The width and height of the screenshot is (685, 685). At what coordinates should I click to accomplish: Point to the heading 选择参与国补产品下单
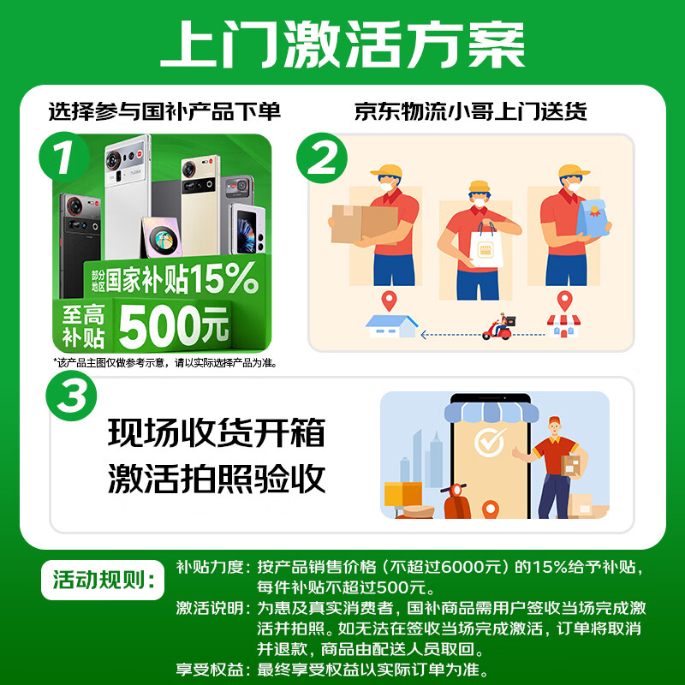tap(164, 111)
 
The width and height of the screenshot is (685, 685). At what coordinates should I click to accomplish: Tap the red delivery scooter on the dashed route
tap(499, 327)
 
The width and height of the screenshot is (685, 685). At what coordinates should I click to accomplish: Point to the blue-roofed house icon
tap(392, 326)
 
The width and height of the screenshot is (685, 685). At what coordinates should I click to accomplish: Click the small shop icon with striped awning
tap(563, 325)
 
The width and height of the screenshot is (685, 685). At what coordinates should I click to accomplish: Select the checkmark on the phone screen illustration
tap(490, 443)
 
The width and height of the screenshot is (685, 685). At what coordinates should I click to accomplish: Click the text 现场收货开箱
tap(217, 433)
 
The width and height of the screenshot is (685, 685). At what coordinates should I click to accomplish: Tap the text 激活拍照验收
tap(217, 479)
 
